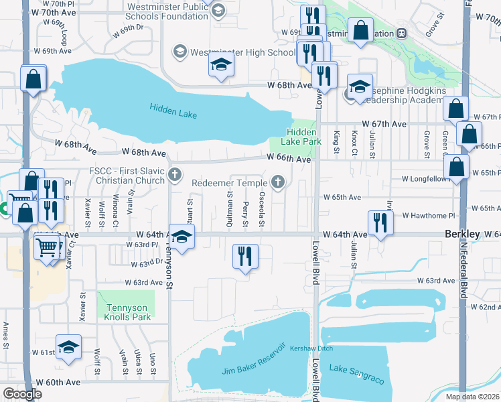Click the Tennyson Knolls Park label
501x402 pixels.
pyautogui.click(x=125, y=313)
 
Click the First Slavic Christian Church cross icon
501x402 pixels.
pyautogui.click(x=174, y=175)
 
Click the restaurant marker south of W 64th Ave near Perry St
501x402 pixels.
pyautogui.click(x=245, y=256)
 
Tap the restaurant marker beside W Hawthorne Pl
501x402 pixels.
pyautogui.click(x=380, y=222)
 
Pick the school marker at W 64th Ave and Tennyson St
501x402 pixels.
pyautogui.click(x=181, y=237)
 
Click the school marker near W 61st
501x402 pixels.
pyautogui.click(x=68, y=346)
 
